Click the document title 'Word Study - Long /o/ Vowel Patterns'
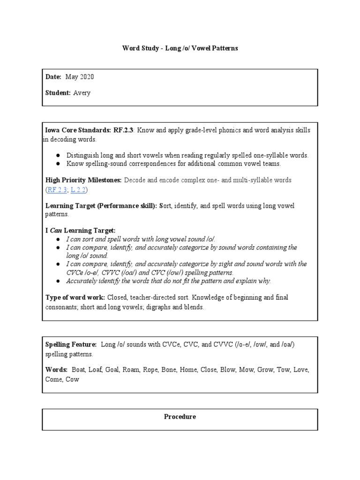coord(180,48)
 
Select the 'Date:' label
coord(53,77)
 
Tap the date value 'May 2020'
coord(83,77)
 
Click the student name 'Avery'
coord(82,93)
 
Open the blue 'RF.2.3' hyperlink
coord(57,189)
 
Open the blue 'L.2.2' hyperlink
coord(78,189)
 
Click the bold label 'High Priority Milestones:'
coord(83,180)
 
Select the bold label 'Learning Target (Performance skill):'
coord(101,206)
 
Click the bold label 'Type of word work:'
coord(75,297)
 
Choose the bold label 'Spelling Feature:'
coord(71,344)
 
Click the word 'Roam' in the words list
coord(131,370)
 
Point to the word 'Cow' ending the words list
coord(72,379)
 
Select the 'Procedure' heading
coord(180,417)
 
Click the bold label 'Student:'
coord(58,93)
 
